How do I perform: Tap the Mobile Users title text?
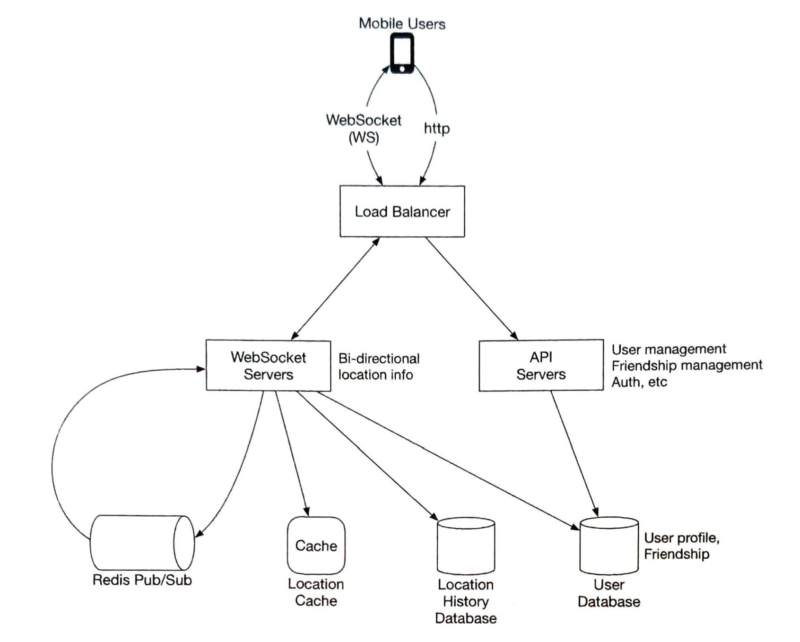pyautogui.click(x=402, y=24)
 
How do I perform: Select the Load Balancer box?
pyautogui.click(x=402, y=211)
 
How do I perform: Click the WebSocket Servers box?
pyautogui.click(x=268, y=365)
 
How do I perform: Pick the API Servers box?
pyautogui.click(x=541, y=365)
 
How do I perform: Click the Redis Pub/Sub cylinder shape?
pyautogui.click(x=142, y=543)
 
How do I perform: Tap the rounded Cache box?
pyautogui.click(x=316, y=546)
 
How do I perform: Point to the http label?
pyautogui.click(x=436, y=129)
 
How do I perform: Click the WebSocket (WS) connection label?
pyautogui.click(x=364, y=129)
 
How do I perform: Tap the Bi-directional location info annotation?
pyautogui.click(x=379, y=366)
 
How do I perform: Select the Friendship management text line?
pyautogui.click(x=687, y=365)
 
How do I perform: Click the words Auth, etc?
pyautogui.click(x=639, y=382)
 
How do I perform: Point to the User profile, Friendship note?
pyautogui.click(x=681, y=546)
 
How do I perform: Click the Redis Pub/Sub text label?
pyautogui.click(x=142, y=580)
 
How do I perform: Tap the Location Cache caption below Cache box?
pyautogui.click(x=316, y=592)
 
